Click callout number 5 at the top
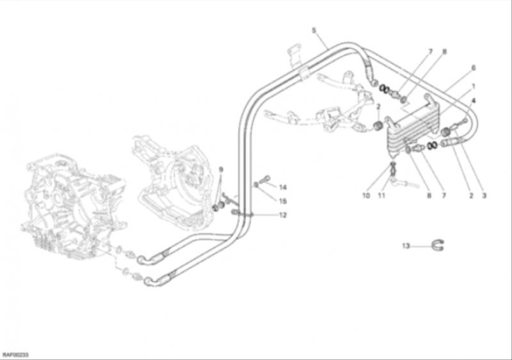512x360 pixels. (x=314, y=30)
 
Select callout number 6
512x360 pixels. (x=473, y=68)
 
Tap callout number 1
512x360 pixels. (x=473, y=86)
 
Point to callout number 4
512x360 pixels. (x=474, y=101)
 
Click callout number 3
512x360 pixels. (x=484, y=196)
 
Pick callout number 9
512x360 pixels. (x=221, y=169)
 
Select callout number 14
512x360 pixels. (x=283, y=187)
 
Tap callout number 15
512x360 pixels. (x=283, y=201)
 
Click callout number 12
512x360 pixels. (x=283, y=215)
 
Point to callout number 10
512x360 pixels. (x=366, y=196)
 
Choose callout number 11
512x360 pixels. (x=381, y=196)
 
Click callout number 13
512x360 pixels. (x=406, y=246)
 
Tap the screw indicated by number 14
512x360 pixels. (x=264, y=179)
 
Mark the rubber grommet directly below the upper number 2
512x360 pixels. (x=378, y=125)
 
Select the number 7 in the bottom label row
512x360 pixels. (x=444, y=196)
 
